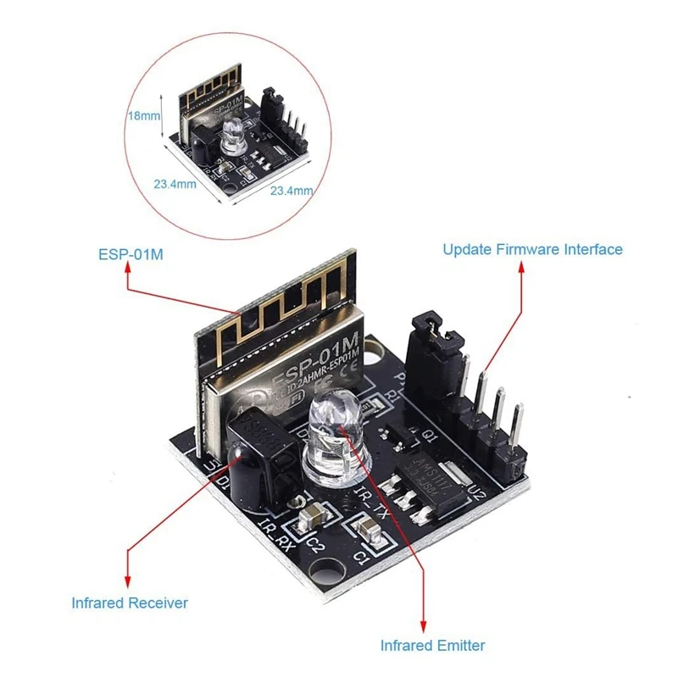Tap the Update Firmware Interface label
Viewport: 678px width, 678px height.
[532, 249]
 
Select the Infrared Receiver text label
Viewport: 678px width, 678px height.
[130, 603]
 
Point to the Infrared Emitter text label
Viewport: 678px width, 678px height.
[433, 645]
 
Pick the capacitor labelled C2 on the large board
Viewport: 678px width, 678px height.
[313, 514]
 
